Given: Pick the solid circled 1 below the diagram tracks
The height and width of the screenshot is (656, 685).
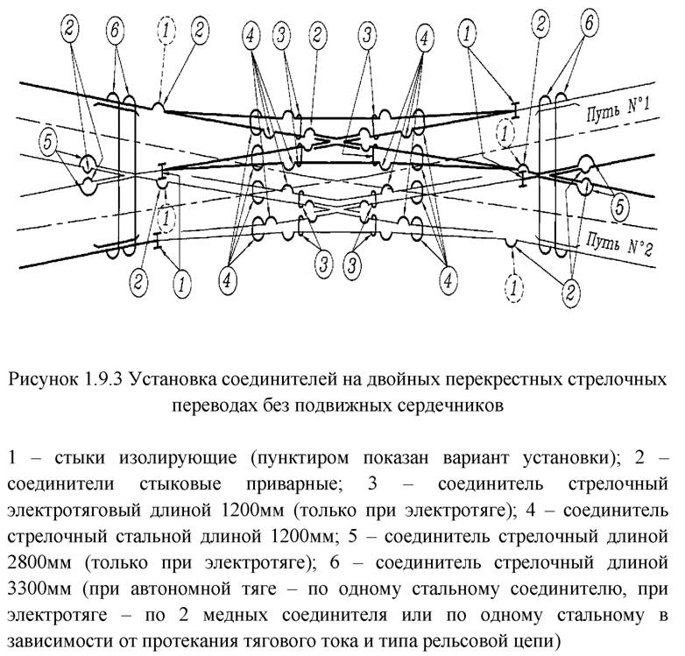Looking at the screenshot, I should [x=181, y=282].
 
